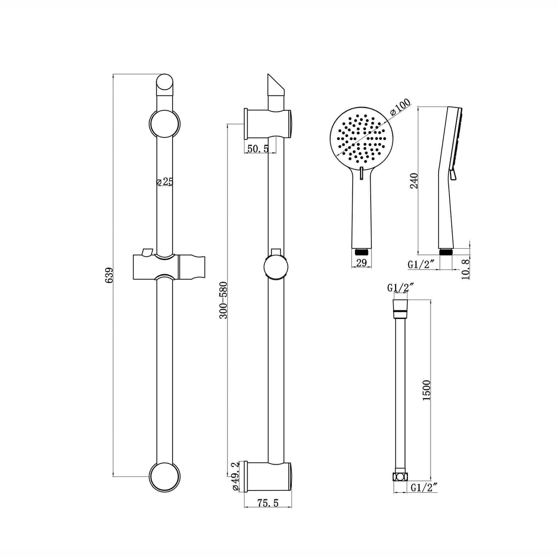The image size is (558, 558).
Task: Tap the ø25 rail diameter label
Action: pyautogui.click(x=164, y=181)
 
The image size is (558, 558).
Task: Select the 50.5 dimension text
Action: pyautogui.click(x=258, y=149)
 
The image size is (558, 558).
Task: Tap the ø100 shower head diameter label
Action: pyautogui.click(x=400, y=107)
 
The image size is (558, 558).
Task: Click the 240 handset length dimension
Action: pyautogui.click(x=414, y=181)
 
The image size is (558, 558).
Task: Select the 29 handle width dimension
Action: pyautogui.click(x=361, y=263)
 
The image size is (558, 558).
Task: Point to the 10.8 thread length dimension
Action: pyautogui.click(x=466, y=269)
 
